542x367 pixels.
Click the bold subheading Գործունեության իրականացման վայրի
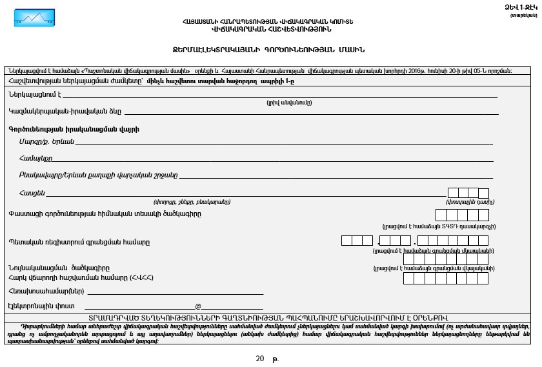[74, 129]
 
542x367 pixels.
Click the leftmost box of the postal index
[453, 193]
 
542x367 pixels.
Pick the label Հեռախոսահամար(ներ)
[45, 291]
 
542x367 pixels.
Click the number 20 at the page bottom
[260, 358]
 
